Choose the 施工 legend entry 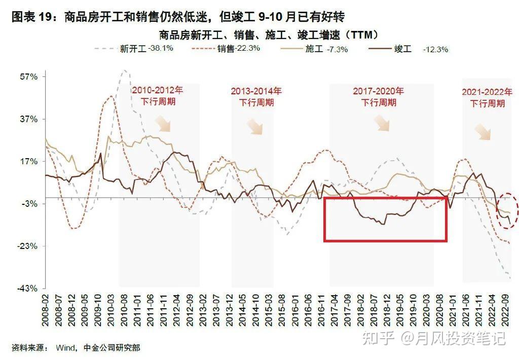tap(314, 49)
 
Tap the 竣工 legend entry tap(403, 49)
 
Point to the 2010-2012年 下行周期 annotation tap(158, 95)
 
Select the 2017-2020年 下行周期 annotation tap(379, 96)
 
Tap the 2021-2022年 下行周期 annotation tap(487, 97)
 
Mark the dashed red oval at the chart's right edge tap(508, 210)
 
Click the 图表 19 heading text tap(33, 17)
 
